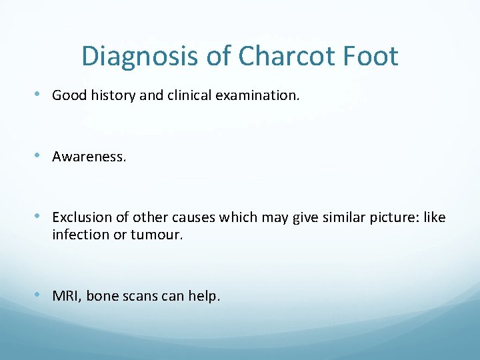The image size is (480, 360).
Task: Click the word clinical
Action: point(181,95)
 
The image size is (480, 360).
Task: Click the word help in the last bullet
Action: point(204,295)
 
